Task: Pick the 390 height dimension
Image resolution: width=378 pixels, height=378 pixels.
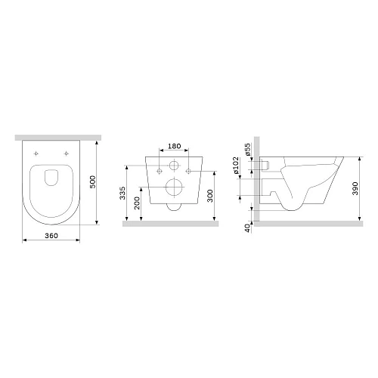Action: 367,189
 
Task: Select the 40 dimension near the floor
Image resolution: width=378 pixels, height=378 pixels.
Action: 246,228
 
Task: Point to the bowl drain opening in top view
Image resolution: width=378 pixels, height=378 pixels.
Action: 51,178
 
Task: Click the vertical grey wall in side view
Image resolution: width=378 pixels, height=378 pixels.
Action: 257,181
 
